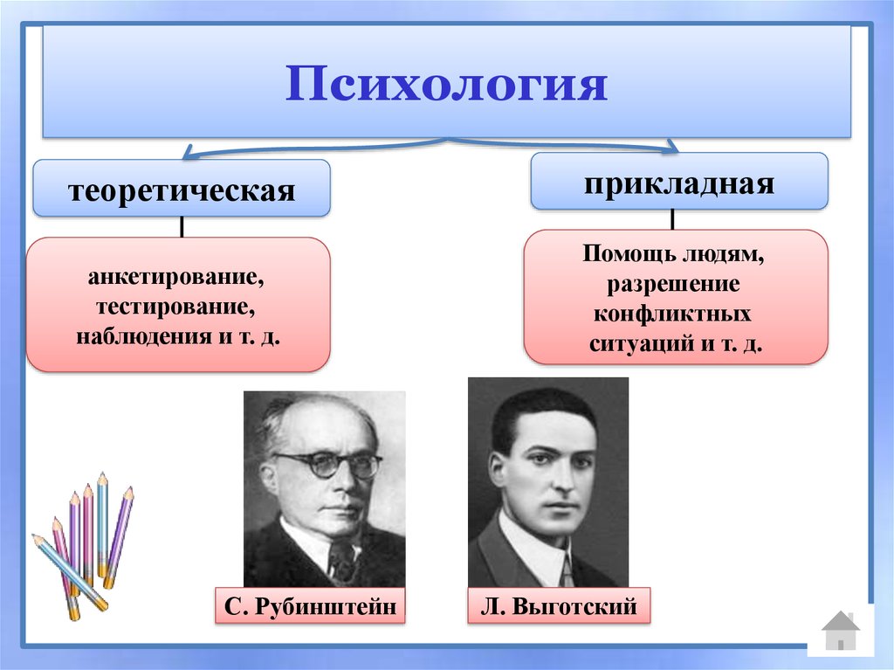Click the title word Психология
point(446,85)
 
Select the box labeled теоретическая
point(182,189)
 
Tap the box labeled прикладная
point(678,181)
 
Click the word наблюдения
point(138,336)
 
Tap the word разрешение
point(675,285)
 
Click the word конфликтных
point(674,314)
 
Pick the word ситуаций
point(642,343)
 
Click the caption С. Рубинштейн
point(311,605)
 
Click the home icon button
point(840,630)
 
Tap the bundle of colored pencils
point(84,546)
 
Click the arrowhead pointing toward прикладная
point(670,146)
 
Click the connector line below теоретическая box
point(182,226)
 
